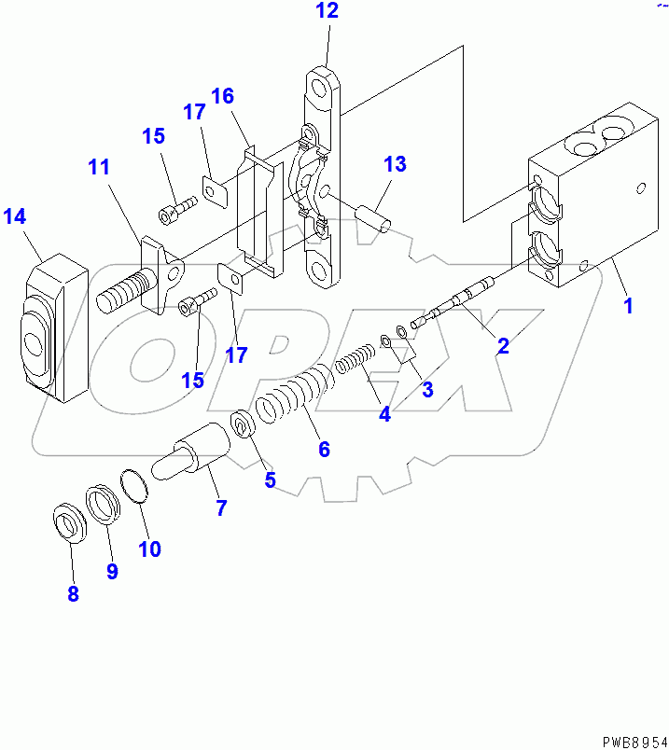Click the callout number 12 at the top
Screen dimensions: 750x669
click(x=327, y=11)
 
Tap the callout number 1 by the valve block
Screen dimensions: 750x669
click(x=628, y=305)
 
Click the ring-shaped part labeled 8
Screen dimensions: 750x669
click(x=68, y=522)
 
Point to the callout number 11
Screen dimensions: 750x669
click(x=99, y=168)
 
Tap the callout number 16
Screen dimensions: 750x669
click(x=222, y=96)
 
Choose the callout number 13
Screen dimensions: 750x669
click(x=395, y=164)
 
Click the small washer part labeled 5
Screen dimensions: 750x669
click(x=244, y=425)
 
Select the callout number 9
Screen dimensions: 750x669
click(x=112, y=571)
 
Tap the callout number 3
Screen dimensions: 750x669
click(x=427, y=389)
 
